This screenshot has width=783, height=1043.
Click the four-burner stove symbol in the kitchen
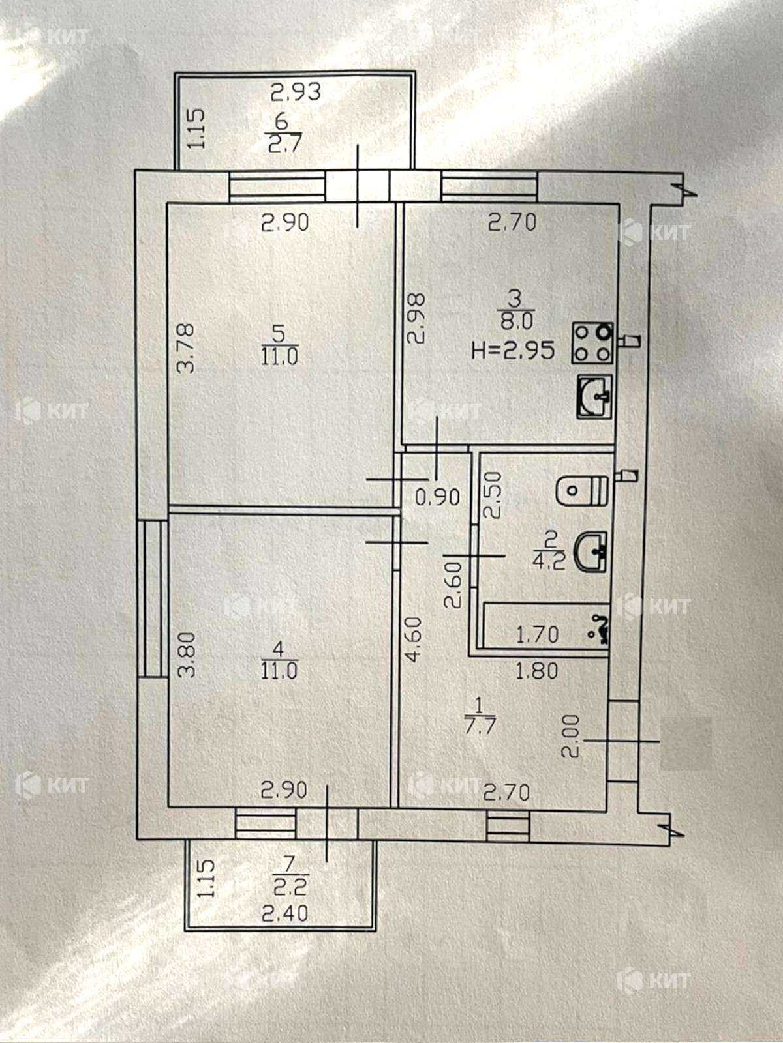pos(592,343)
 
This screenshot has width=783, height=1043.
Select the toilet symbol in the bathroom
pos(583,489)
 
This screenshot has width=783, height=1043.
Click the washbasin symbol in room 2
pos(591,551)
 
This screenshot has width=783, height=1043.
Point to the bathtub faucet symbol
pos(600,628)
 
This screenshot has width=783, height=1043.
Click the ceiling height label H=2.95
pos(513,351)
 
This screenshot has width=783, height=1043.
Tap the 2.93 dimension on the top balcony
pos(296,92)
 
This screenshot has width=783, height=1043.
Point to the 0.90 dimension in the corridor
pos(437,497)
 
